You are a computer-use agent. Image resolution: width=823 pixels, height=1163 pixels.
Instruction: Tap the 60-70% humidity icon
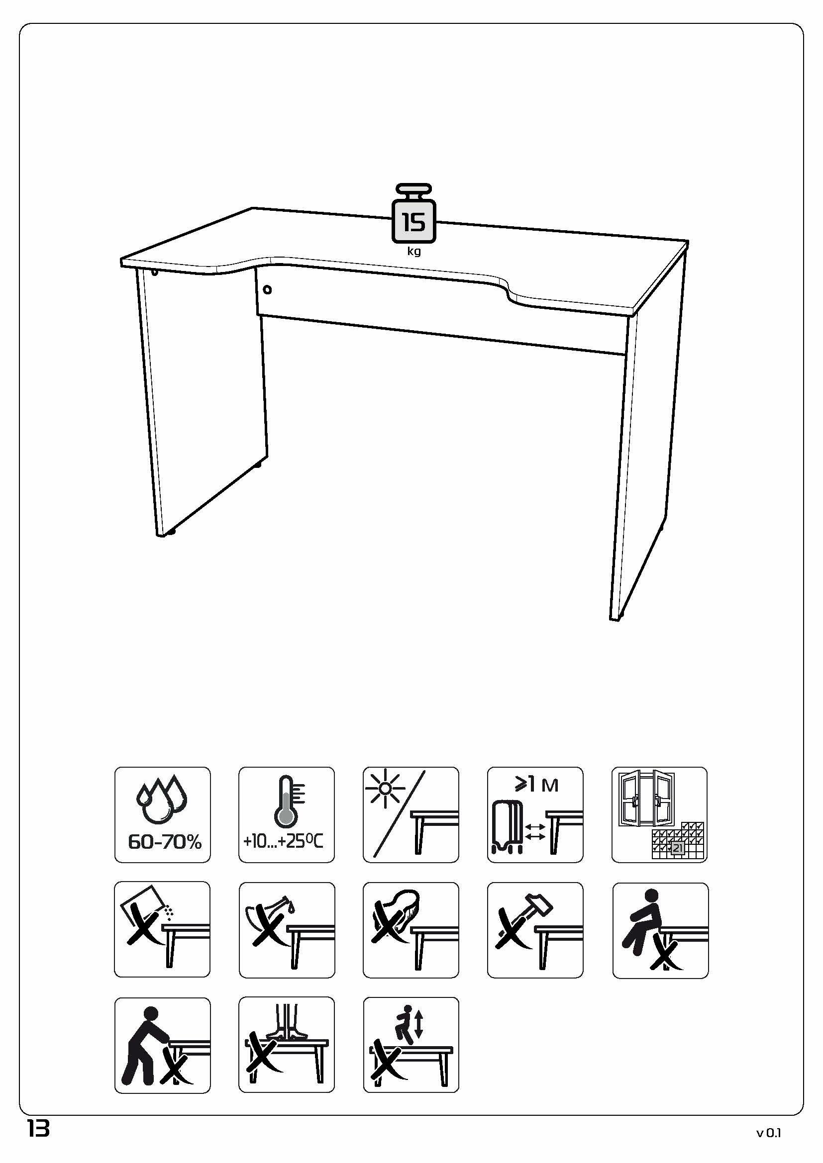click(x=163, y=815)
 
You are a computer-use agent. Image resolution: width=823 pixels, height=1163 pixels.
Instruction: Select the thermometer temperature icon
click(x=287, y=815)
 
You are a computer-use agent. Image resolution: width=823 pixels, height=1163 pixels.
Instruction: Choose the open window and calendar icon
click(x=659, y=815)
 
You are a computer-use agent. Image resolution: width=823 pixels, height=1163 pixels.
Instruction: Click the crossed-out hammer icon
click(x=535, y=930)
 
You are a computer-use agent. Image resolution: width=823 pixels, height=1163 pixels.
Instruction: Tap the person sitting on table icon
click(x=660, y=930)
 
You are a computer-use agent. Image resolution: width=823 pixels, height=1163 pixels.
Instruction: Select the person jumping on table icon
click(x=411, y=1045)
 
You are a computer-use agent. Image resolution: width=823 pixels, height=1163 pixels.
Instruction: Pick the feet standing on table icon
click(x=287, y=1045)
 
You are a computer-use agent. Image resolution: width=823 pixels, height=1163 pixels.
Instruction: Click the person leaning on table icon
click(x=163, y=1046)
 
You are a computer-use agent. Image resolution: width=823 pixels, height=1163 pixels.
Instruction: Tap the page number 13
click(x=38, y=1129)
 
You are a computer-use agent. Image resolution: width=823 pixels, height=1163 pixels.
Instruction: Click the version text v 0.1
click(x=769, y=1133)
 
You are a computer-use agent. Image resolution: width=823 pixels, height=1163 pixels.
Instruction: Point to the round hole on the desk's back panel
click(x=267, y=290)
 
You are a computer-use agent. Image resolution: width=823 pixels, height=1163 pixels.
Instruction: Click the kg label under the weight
click(x=414, y=252)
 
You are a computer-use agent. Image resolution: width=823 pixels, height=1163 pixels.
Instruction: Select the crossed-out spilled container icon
click(x=162, y=929)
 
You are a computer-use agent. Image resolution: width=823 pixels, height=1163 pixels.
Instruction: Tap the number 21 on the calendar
click(x=677, y=848)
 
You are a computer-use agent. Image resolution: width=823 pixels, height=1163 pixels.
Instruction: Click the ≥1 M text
click(x=537, y=785)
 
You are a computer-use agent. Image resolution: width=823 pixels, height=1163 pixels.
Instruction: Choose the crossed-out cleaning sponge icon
click(x=411, y=930)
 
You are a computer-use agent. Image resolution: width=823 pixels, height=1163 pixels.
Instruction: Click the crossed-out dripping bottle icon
click(x=287, y=930)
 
